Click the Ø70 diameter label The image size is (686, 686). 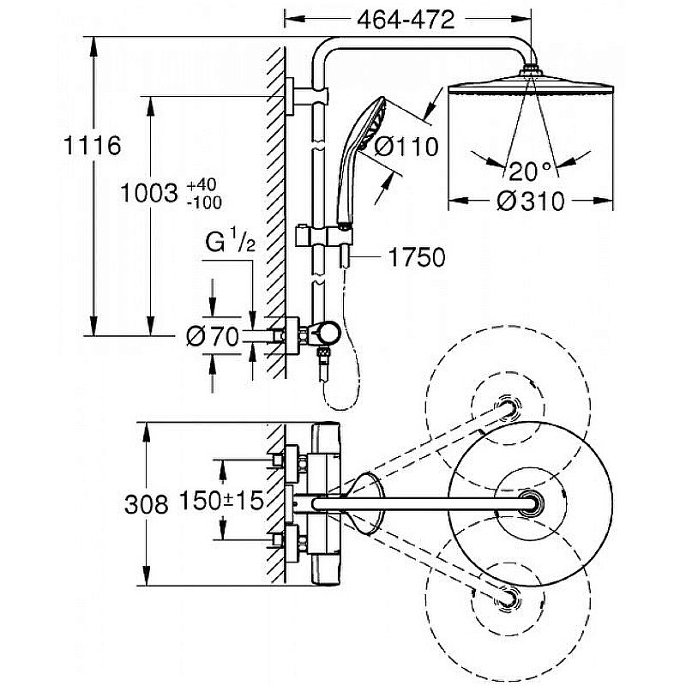[x=213, y=337]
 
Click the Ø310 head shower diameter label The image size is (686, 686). [x=531, y=202]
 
